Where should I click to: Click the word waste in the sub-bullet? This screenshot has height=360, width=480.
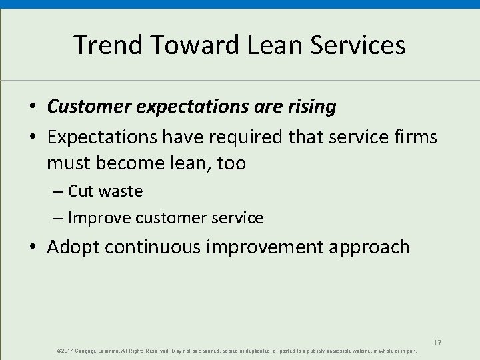tap(121, 191)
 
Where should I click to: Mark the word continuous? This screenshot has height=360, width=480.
tap(163, 247)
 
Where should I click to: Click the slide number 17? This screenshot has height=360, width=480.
tap(437, 343)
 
